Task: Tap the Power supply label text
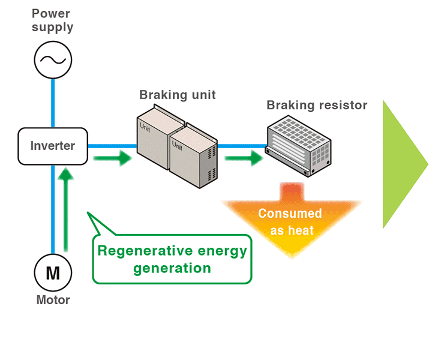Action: pos(53,20)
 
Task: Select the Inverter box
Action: pos(53,146)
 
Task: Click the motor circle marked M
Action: pos(53,273)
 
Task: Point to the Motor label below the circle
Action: pos(53,300)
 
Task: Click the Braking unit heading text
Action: pos(177,95)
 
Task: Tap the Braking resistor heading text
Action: pos(317,106)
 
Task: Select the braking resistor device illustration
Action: pos(298,146)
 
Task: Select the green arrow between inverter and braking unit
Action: pos(112,158)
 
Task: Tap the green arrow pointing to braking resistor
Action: pos(244,158)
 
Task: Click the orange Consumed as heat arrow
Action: pos(290,222)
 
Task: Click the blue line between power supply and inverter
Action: pos(53,102)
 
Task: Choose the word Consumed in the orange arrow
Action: pos(290,214)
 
